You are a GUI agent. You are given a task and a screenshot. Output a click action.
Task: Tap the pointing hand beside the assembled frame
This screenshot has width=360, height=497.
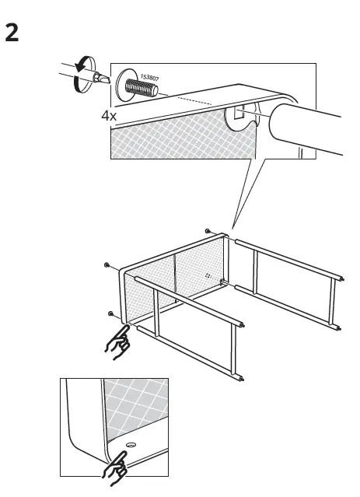118,340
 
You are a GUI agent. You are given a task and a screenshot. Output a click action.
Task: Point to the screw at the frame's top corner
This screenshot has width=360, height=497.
207,230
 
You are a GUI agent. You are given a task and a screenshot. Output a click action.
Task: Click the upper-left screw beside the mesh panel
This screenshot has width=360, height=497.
106,265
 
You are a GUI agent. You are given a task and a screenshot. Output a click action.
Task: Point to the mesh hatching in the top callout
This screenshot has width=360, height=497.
171,140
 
